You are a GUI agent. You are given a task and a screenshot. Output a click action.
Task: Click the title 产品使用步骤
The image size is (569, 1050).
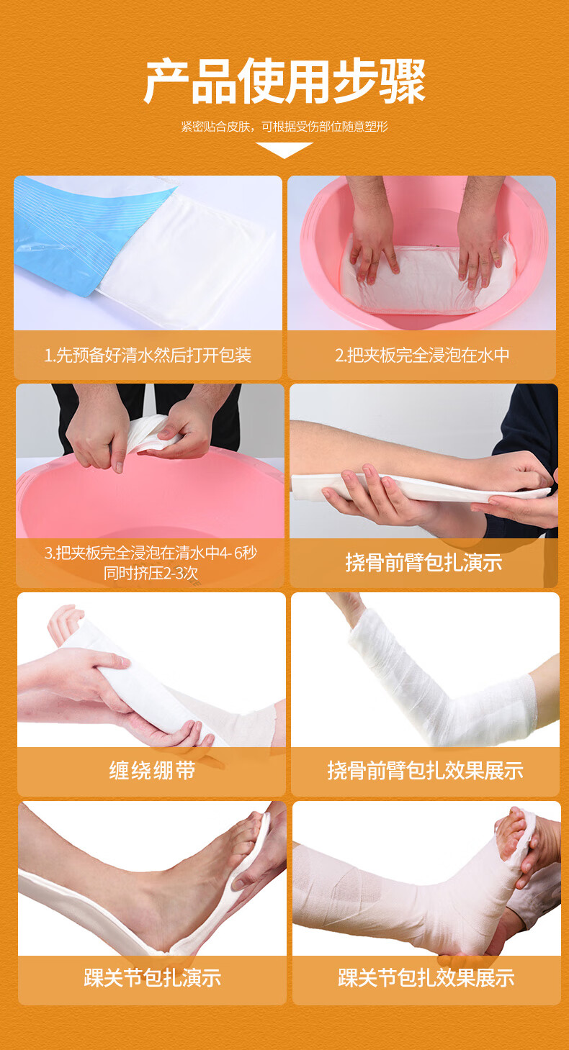tap(284, 81)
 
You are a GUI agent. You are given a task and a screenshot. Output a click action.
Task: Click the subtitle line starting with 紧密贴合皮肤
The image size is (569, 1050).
tap(284, 127)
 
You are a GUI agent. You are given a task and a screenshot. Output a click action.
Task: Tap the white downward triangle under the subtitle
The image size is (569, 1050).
tap(284, 150)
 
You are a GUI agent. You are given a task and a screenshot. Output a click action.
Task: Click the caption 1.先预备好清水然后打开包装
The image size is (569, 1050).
tap(148, 355)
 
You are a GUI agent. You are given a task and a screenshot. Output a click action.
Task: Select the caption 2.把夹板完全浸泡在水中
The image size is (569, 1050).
tap(422, 355)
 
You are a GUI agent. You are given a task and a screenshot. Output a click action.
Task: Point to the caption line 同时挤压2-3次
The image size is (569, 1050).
tap(151, 574)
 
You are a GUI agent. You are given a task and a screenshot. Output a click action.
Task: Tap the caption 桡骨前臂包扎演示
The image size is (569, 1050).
tap(424, 562)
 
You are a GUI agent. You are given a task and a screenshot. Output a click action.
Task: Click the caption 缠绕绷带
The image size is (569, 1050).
tap(152, 771)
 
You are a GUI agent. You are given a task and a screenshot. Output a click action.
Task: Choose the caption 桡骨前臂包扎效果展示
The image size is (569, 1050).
tap(425, 771)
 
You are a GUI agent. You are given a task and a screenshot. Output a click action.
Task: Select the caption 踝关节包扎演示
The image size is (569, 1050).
tap(152, 978)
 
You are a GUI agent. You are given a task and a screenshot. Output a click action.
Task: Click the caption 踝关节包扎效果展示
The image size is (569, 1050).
tap(426, 978)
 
